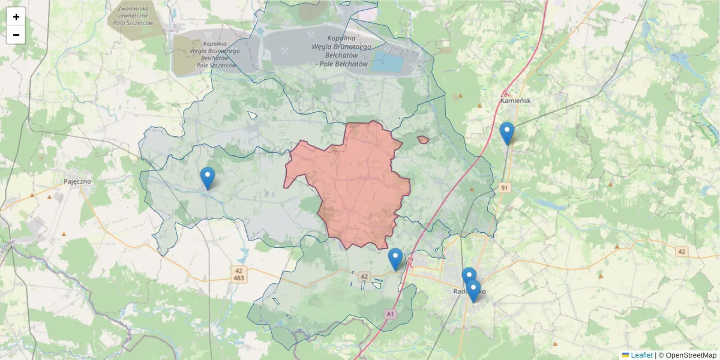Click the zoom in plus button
[x=16, y=17]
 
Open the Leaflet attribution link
[x=641, y=355]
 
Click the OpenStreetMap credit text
[x=691, y=355]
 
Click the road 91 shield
[x=505, y=188]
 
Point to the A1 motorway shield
[x=391, y=314]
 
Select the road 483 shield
[x=238, y=279]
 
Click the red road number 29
[x=410, y=259]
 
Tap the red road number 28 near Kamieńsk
[x=504, y=94]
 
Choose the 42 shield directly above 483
[x=238, y=271]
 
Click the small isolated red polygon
[x=423, y=140]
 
